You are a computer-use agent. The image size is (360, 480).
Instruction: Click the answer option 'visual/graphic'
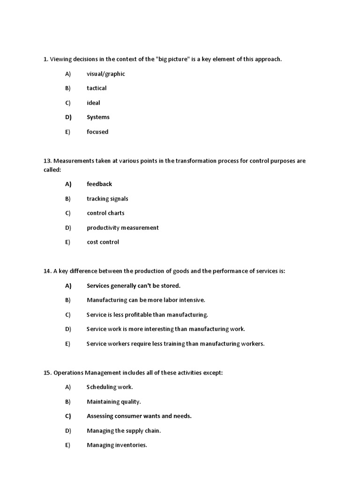(x=105, y=74)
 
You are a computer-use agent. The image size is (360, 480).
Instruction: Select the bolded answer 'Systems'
(x=98, y=117)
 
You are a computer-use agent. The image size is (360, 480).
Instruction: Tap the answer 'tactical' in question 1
(x=97, y=88)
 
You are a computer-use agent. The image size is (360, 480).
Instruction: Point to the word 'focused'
(x=97, y=132)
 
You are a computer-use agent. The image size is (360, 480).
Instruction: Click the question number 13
(x=47, y=161)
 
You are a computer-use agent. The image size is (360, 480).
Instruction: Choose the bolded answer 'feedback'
(x=99, y=184)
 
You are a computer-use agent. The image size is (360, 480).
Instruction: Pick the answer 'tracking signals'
(x=107, y=199)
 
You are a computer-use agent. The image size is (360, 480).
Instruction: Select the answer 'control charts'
(x=105, y=213)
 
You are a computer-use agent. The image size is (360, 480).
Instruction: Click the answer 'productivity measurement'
(x=123, y=228)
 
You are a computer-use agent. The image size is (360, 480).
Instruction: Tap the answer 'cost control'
(x=103, y=242)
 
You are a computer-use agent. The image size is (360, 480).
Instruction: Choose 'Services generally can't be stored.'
(x=134, y=285)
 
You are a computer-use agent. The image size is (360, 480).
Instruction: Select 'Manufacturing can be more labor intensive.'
(x=146, y=300)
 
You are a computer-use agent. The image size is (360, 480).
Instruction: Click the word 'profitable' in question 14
(x=137, y=315)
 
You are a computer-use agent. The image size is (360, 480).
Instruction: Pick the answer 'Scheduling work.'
(x=110, y=387)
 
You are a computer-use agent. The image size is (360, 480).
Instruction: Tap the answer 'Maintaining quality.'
(x=114, y=402)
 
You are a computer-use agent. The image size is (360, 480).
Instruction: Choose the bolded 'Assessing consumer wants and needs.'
(x=139, y=416)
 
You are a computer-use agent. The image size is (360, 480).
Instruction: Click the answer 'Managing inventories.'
(x=117, y=445)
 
